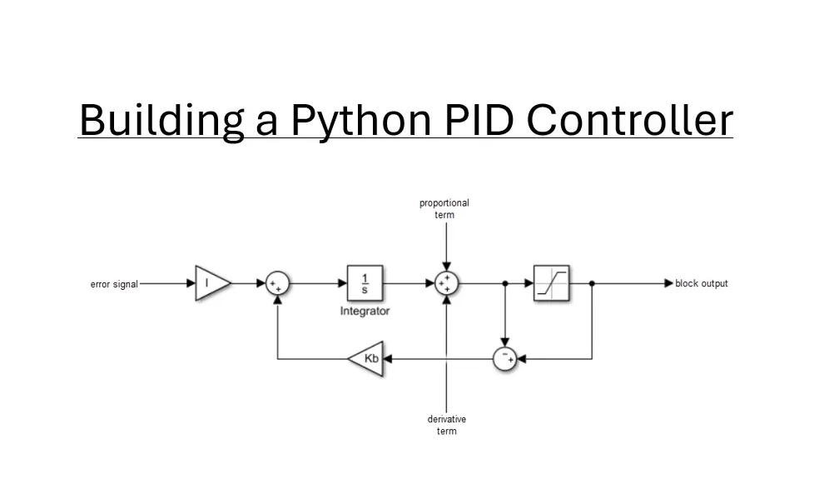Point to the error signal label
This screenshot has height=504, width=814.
click(114, 284)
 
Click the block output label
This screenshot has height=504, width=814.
click(702, 283)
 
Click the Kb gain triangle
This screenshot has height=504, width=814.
click(367, 358)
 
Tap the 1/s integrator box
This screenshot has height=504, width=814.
click(365, 283)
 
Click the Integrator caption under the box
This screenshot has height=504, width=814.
click(365, 311)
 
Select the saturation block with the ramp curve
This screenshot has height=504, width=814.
click(551, 283)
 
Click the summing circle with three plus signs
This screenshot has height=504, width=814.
click(447, 283)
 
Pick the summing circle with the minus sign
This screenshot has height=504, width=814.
click(504, 358)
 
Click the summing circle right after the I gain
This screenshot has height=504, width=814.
click(276, 283)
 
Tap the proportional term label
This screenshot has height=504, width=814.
click(444, 208)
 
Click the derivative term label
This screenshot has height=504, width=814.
click(447, 425)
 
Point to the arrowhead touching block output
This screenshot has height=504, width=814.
click(668, 283)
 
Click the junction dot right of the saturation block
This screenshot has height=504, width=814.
click(592, 283)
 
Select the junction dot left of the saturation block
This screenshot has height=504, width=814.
click(504, 283)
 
